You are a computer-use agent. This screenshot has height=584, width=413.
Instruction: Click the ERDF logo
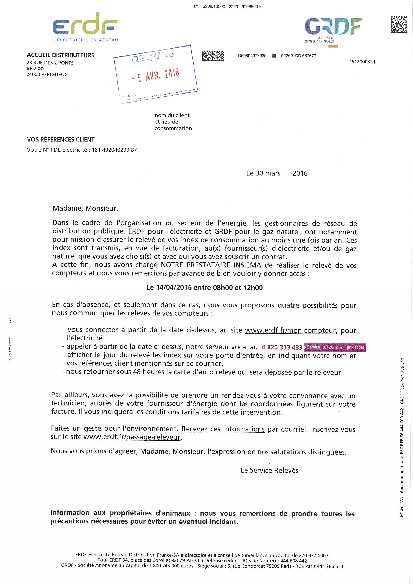(85, 27)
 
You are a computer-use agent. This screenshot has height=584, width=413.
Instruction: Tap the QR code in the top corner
(399, 25)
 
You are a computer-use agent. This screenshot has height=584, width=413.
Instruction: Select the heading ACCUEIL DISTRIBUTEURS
(60, 55)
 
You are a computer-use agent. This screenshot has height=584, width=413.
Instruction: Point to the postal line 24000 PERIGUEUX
(47, 74)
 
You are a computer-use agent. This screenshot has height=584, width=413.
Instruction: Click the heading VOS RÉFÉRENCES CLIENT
(61, 139)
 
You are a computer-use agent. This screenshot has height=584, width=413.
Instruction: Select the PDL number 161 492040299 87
(114, 150)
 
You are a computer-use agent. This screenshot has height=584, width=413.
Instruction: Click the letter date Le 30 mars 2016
(277, 173)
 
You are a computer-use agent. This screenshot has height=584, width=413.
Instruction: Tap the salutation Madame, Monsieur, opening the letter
(85, 208)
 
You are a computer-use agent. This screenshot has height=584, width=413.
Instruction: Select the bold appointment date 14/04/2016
(174, 288)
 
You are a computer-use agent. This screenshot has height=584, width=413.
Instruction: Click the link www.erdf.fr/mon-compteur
(291, 330)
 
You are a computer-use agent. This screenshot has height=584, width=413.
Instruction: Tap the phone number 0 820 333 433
(282, 347)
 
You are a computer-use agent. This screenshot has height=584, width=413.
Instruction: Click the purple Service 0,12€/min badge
(335, 347)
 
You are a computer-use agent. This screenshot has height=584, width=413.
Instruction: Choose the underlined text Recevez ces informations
(223, 429)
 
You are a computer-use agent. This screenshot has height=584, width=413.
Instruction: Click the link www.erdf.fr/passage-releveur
(132, 437)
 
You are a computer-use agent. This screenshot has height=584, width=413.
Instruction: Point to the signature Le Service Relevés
(269, 470)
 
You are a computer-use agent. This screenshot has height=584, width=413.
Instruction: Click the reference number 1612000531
(362, 62)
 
